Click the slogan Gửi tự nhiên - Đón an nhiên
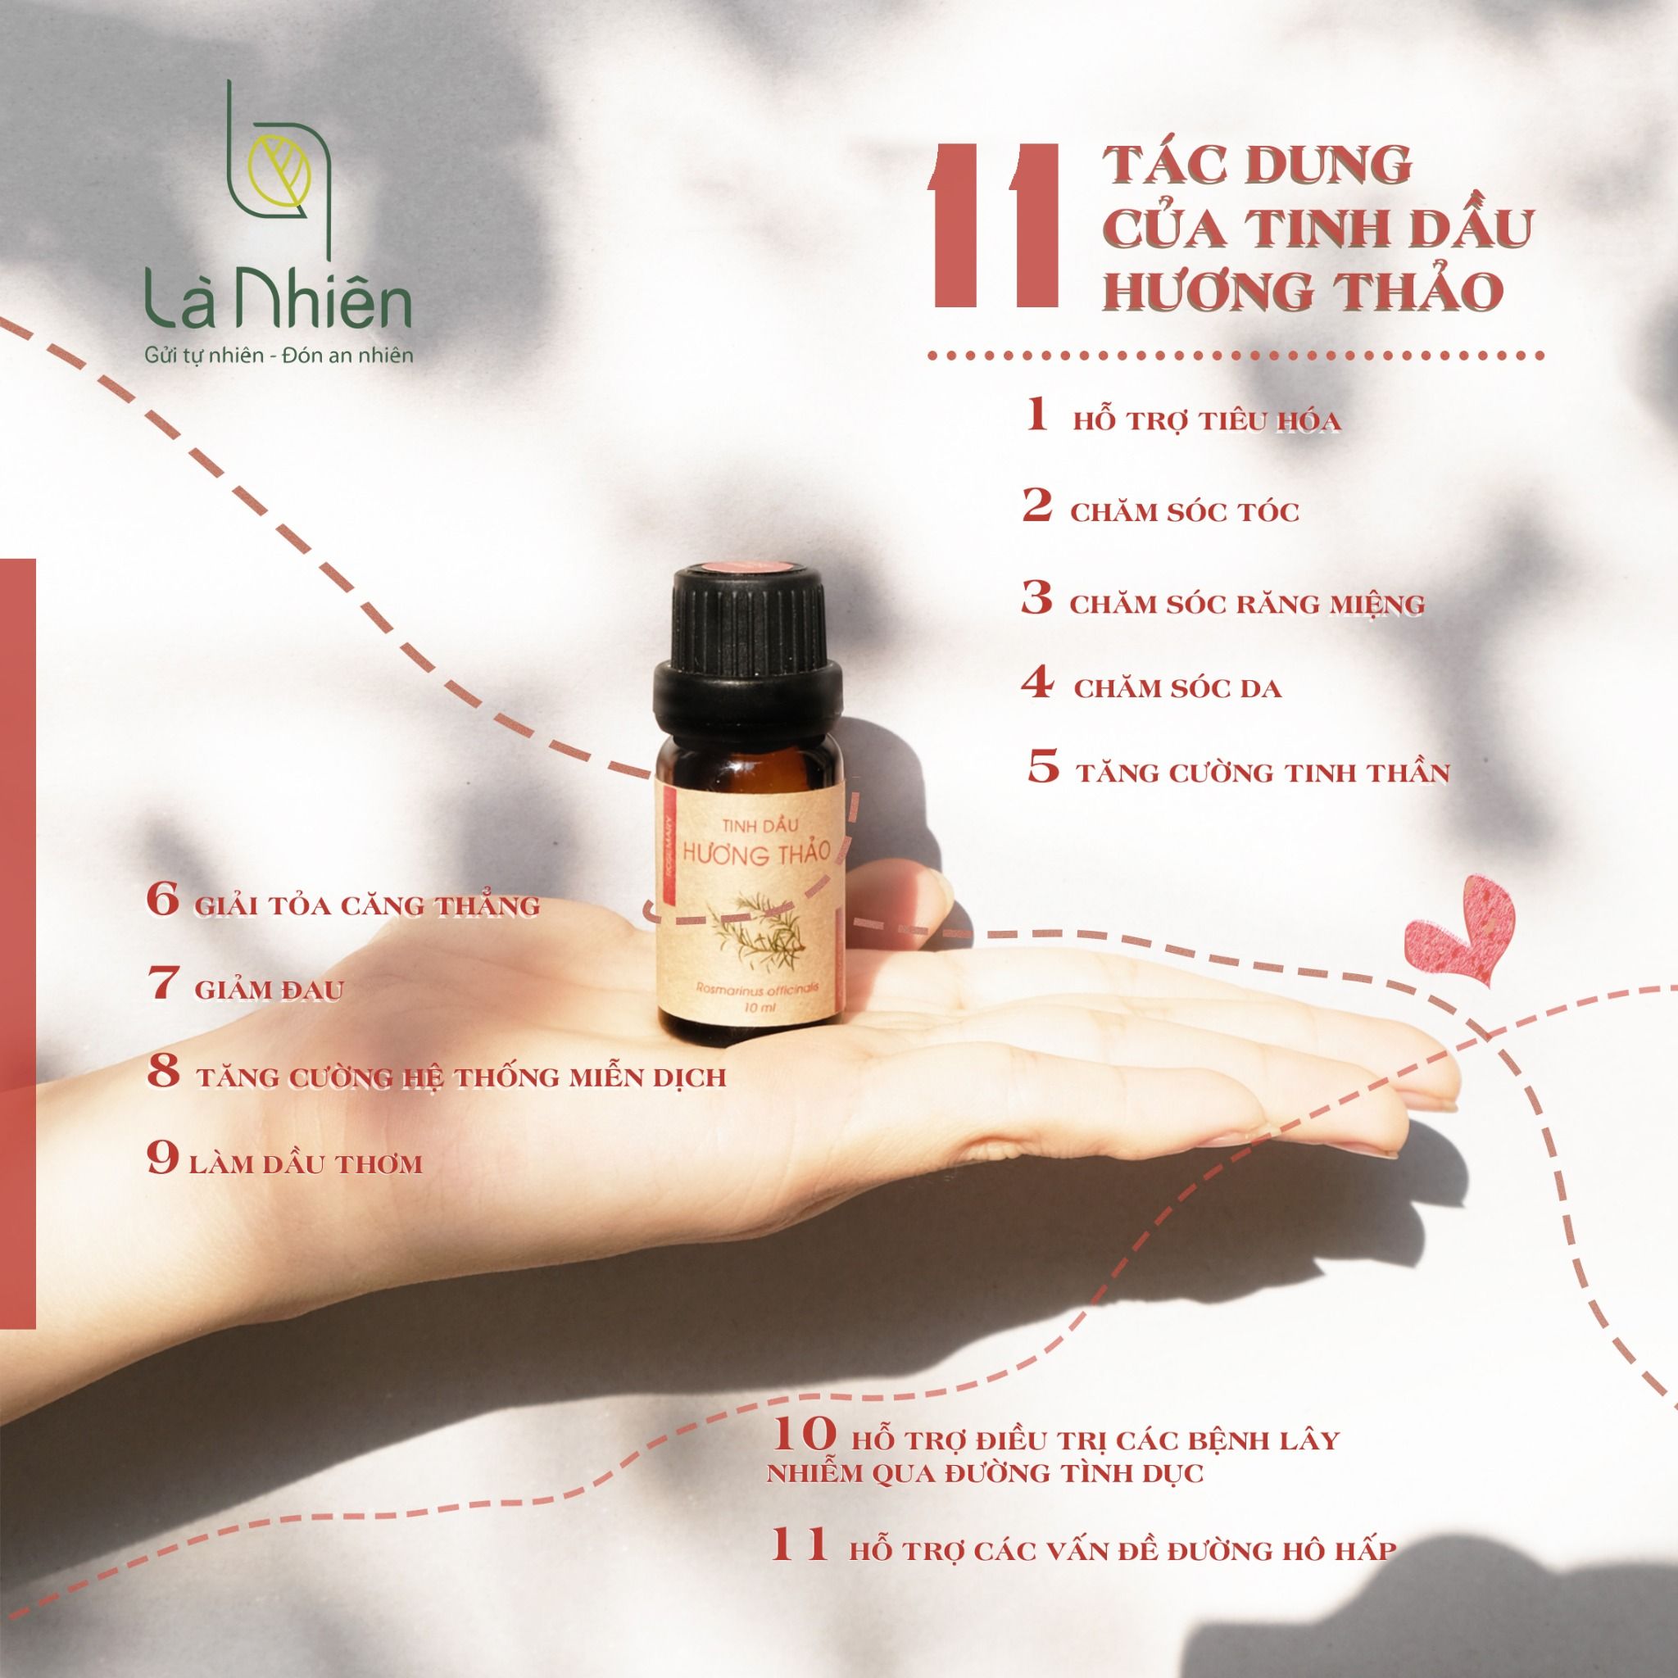pyautogui.click(x=277, y=356)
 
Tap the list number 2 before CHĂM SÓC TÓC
pyautogui.click(x=1037, y=506)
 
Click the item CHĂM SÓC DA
pyautogui.click(x=1177, y=690)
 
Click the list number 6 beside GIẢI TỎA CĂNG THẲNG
pyautogui.click(x=162, y=901)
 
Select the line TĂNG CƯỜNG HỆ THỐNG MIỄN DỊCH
pyautogui.click(x=460, y=1078)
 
